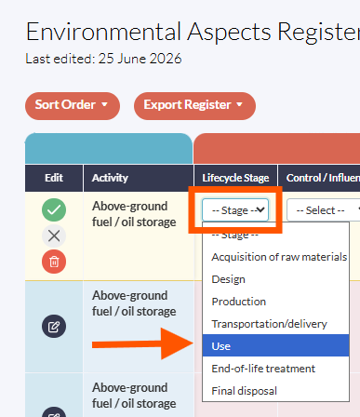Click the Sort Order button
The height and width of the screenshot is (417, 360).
73,105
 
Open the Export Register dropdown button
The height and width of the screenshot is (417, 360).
194,105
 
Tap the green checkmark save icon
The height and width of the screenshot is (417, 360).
54,209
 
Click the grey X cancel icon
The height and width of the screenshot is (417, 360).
54,236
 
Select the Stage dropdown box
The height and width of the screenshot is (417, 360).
235,210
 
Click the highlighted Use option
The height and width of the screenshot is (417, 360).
275,345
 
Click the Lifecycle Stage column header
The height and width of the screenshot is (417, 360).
235,178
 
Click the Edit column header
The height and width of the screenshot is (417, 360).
54,178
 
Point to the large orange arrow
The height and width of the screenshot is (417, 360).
142,343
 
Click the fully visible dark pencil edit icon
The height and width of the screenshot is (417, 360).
54,327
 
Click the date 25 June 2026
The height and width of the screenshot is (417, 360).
140,59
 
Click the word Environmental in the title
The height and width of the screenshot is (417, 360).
103,32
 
